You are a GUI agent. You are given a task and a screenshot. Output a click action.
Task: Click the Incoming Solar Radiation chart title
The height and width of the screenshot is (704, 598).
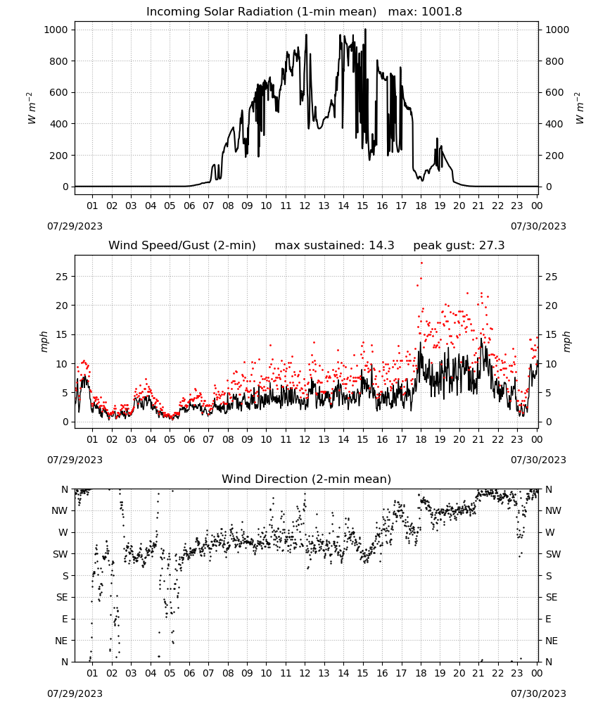pyautogui.click(x=261, y=12)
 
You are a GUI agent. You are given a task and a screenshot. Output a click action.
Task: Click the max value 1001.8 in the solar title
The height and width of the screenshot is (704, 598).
pyautogui.click(x=441, y=12)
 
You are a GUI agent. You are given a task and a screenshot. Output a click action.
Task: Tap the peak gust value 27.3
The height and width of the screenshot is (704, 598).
pyautogui.click(x=490, y=246)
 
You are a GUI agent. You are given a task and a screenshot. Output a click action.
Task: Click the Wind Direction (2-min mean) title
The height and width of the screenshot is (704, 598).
pyautogui.click(x=307, y=479)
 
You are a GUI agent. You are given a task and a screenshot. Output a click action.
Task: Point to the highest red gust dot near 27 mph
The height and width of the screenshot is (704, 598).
pyautogui.click(x=421, y=263)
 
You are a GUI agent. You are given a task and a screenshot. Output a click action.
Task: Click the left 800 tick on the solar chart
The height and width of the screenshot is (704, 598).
pyautogui.click(x=58, y=61)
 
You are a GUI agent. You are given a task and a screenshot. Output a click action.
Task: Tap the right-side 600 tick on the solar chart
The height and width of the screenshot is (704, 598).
pyautogui.click(x=554, y=92)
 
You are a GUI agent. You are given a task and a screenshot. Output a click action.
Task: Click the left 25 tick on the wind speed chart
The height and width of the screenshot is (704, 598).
pyautogui.click(x=62, y=277)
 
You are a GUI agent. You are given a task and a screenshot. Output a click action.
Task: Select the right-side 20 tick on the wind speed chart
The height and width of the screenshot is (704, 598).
pyautogui.click(x=552, y=306)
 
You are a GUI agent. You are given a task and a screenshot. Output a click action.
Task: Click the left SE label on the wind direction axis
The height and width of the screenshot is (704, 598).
pyautogui.click(x=62, y=597)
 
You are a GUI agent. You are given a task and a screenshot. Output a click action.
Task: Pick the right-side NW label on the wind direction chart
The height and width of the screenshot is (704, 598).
pyautogui.click(x=553, y=510)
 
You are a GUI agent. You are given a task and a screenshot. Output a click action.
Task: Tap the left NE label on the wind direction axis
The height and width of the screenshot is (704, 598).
pyautogui.click(x=61, y=641)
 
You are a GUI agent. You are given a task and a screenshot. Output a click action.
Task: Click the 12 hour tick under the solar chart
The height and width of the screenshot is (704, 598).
pyautogui.click(x=305, y=206)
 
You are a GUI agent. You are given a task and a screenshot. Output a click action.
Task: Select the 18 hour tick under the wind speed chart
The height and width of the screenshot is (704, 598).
pyautogui.click(x=421, y=439)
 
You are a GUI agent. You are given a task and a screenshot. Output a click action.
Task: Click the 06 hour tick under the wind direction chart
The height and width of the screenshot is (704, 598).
pyautogui.click(x=189, y=673)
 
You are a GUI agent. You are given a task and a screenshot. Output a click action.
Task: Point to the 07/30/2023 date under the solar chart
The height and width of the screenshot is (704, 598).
pyautogui.click(x=538, y=226)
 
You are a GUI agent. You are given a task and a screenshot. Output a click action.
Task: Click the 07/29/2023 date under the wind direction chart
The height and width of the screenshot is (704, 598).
pyautogui.click(x=75, y=693)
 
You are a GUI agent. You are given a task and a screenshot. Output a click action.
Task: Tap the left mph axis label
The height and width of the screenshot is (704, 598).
pyautogui.click(x=44, y=341)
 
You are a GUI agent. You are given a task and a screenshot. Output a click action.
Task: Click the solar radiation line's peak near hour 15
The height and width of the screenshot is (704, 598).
pyautogui.click(x=365, y=29)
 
